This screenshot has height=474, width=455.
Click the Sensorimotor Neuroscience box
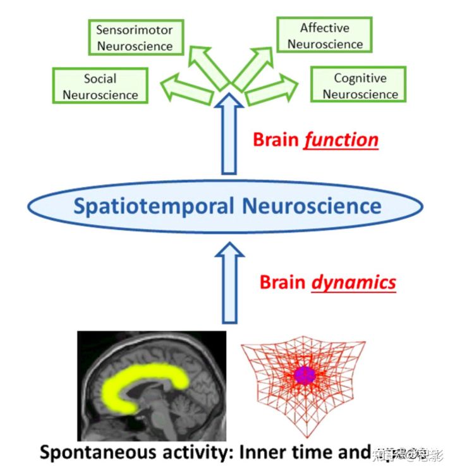click(x=135, y=38)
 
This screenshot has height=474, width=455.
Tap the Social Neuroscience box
click(x=100, y=87)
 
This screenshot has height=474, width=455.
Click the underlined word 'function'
click(x=341, y=139)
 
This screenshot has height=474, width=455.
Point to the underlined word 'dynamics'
click(x=354, y=282)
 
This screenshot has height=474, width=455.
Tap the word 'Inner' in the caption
click(x=267, y=452)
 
